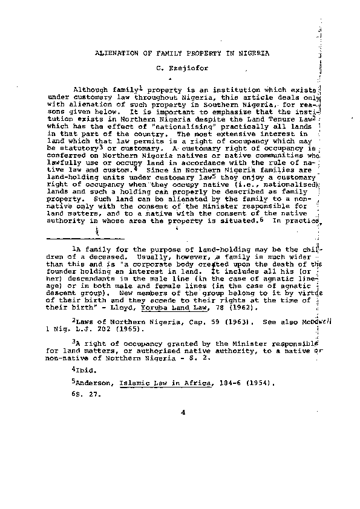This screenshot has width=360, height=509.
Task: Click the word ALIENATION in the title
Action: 116,53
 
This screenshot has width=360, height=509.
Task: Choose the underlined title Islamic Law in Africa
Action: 148,383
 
